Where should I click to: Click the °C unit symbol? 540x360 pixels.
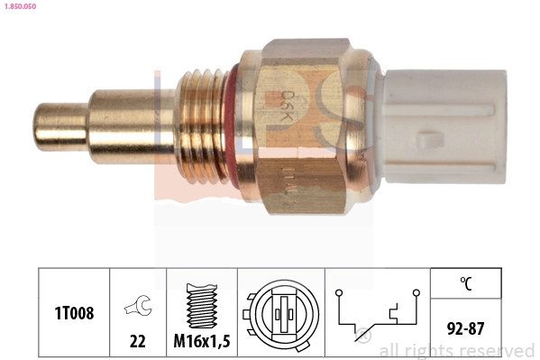coord(466,283)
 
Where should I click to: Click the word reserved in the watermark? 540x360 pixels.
coord(499,350)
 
